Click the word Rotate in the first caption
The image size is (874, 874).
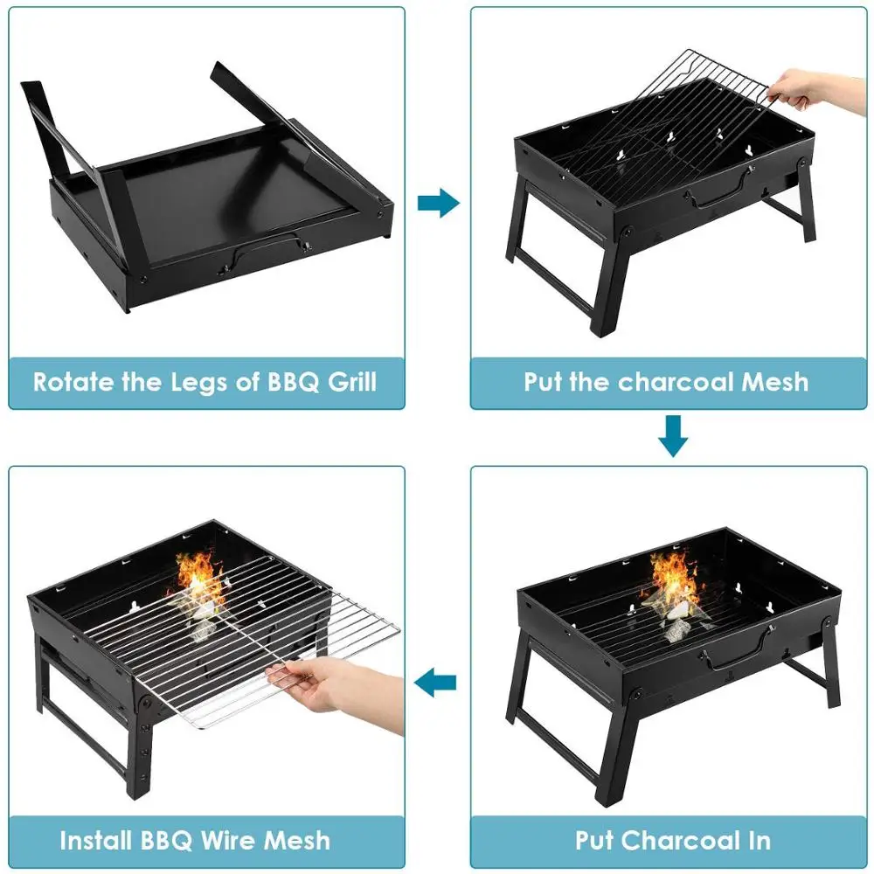[x=73, y=382]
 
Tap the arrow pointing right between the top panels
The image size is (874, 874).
[x=438, y=205]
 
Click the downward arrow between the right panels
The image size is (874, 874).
[x=672, y=436]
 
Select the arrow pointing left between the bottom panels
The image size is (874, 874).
[x=436, y=682]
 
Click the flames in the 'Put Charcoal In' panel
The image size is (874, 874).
[x=675, y=577]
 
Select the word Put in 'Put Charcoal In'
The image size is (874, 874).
[x=598, y=841]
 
